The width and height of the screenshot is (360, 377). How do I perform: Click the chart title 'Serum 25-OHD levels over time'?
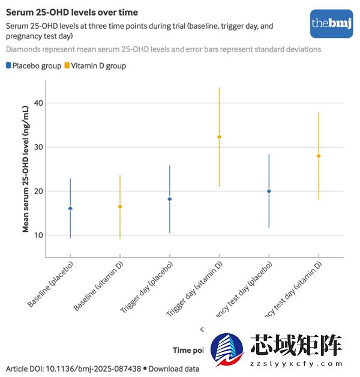tap(71, 12)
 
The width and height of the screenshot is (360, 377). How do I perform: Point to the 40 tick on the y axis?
tap(38, 103)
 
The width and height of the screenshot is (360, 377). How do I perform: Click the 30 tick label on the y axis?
tap(38, 147)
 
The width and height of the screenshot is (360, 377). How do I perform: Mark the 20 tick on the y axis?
tap(38, 192)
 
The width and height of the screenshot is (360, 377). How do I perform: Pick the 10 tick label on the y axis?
tap(38, 235)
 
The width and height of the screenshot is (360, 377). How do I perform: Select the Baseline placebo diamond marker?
tap(70, 208)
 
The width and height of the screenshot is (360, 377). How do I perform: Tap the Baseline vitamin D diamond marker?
tap(120, 207)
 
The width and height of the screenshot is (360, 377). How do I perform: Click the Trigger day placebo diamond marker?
tap(170, 199)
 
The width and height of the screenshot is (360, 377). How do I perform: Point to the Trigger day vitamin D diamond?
tap(219, 137)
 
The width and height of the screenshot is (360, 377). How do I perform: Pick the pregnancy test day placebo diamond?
tap(269, 191)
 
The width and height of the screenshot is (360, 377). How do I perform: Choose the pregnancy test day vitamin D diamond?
tap(319, 156)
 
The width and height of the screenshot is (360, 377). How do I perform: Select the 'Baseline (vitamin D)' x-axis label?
tap(99, 286)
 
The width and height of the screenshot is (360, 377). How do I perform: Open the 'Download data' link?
tap(174, 368)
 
